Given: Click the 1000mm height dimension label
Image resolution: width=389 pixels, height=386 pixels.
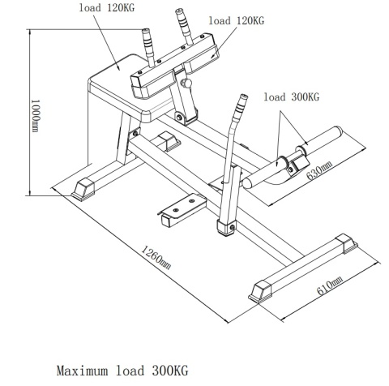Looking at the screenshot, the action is pyautogui.click(x=36, y=116).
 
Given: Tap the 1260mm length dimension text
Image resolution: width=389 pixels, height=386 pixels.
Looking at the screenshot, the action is pyautogui.click(x=156, y=257).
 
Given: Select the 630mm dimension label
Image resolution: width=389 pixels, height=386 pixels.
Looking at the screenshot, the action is pyautogui.click(x=318, y=170).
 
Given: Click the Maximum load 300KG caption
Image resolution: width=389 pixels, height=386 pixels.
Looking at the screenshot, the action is pyautogui.click(x=122, y=371).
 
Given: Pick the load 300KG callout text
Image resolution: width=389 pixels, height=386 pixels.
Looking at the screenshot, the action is pyautogui.click(x=292, y=96).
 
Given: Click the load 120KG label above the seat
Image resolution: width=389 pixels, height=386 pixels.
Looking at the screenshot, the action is pyautogui.click(x=107, y=7).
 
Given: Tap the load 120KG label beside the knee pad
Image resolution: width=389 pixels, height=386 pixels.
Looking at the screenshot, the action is pyautogui.click(x=237, y=20).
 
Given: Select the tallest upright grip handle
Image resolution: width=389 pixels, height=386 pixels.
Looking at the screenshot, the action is pyautogui.click(x=184, y=26).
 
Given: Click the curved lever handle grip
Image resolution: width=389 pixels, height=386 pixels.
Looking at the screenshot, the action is pyautogui.click(x=241, y=105).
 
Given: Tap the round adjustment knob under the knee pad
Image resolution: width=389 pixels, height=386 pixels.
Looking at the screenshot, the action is pyautogui.click(x=186, y=83).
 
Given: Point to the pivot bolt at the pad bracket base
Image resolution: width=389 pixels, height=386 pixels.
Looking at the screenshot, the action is pyautogui.click(x=179, y=118).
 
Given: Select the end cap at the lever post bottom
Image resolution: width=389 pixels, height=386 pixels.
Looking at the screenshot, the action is pyautogui.click(x=226, y=228).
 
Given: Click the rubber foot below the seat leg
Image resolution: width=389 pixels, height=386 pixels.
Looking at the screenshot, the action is pyautogui.click(x=83, y=190).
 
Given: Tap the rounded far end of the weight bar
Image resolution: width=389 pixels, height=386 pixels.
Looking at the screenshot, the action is pyautogui.click(x=338, y=131).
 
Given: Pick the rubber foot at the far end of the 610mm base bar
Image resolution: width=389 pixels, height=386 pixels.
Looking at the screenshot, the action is pyautogui.click(x=347, y=244).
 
